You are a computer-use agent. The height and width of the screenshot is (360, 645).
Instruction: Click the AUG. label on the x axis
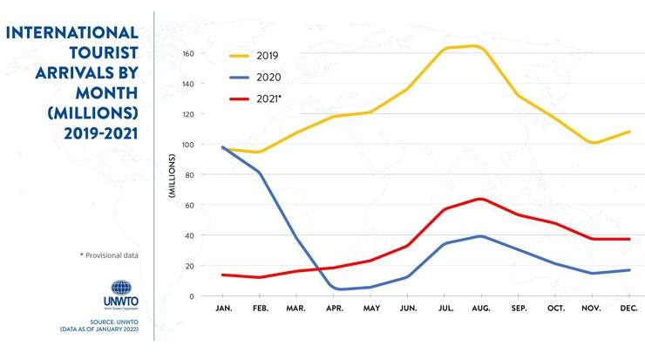click(479, 309)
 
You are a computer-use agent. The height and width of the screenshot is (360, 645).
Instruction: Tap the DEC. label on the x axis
click(629, 309)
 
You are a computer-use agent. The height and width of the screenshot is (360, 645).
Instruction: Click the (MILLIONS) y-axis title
click(173, 175)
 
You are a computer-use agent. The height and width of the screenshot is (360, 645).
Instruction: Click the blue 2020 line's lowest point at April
click(338, 289)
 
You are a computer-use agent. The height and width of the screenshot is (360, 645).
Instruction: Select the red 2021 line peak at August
click(479, 199)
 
